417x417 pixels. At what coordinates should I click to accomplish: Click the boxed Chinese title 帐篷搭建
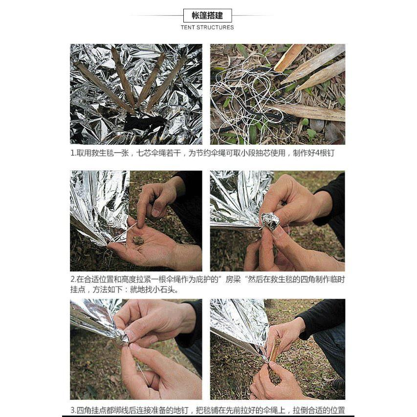pos(207,16)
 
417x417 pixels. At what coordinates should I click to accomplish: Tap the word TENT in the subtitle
pos(188,27)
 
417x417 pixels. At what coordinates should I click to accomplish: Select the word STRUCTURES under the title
pos(215,27)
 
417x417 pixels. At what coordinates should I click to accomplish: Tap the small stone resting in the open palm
pos(138,240)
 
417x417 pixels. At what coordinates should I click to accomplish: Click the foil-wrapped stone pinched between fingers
pos(270,221)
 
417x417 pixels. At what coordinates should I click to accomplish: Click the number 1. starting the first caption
pos(73,153)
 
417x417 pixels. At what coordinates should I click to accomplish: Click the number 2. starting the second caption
pos(73,280)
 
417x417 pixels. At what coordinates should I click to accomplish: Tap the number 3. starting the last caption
pos(73,410)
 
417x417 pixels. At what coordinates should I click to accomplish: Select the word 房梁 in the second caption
pos(234,280)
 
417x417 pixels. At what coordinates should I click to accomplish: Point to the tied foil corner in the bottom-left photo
pos(121,336)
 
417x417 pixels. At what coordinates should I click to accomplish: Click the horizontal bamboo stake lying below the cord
pos(313,113)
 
